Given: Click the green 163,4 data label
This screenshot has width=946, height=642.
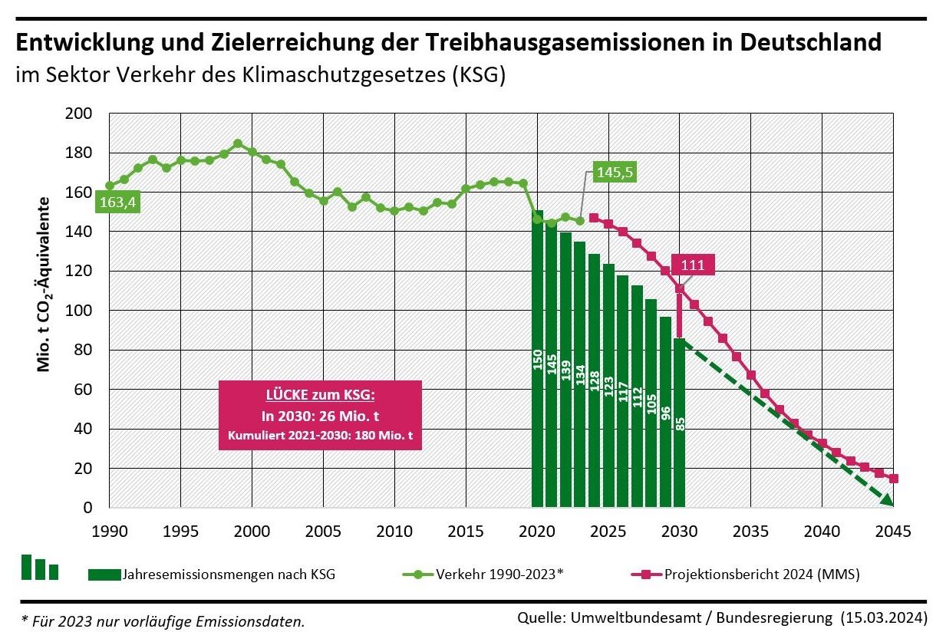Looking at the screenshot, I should tap(117, 202).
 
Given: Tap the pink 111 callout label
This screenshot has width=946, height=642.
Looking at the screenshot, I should tap(693, 265).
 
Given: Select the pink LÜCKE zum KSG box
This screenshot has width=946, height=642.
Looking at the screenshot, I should tap(320, 414).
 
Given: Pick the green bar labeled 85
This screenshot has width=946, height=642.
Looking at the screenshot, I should tap(679, 423).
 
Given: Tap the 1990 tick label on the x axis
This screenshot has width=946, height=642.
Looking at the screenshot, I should tap(109, 532).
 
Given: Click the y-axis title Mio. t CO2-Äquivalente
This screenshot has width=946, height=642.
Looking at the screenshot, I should tap(44, 284).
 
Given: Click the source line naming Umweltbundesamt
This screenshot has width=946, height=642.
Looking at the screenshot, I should tap(722, 617).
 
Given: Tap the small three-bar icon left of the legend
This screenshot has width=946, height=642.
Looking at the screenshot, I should tap(40, 568).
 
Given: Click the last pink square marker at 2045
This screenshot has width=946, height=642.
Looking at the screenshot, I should tap(893, 479).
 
